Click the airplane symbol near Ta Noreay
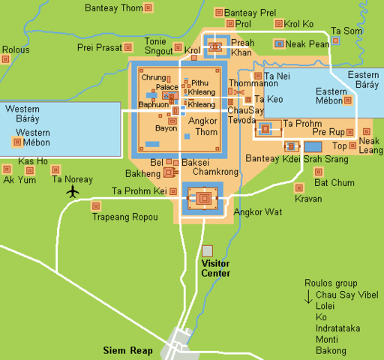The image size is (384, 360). pyautogui.click(x=73, y=191)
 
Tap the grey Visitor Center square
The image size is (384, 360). pyautogui.click(x=207, y=250)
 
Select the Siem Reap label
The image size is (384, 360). pyautogui.click(x=127, y=350)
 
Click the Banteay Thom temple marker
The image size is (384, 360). pyautogui.click(x=148, y=8)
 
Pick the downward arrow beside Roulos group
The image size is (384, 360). pyautogui.click(x=308, y=298)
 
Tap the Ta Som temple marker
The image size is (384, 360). pyautogui.click(x=336, y=41)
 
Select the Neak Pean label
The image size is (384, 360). pyautogui.click(x=307, y=44)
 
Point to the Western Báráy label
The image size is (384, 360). pyautogui.click(x=22, y=114)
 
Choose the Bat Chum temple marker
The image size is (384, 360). pyautogui.click(x=319, y=172)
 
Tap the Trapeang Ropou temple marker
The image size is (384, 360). pyautogui.click(x=95, y=205)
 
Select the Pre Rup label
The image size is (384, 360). pyautogui.click(x=328, y=132)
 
